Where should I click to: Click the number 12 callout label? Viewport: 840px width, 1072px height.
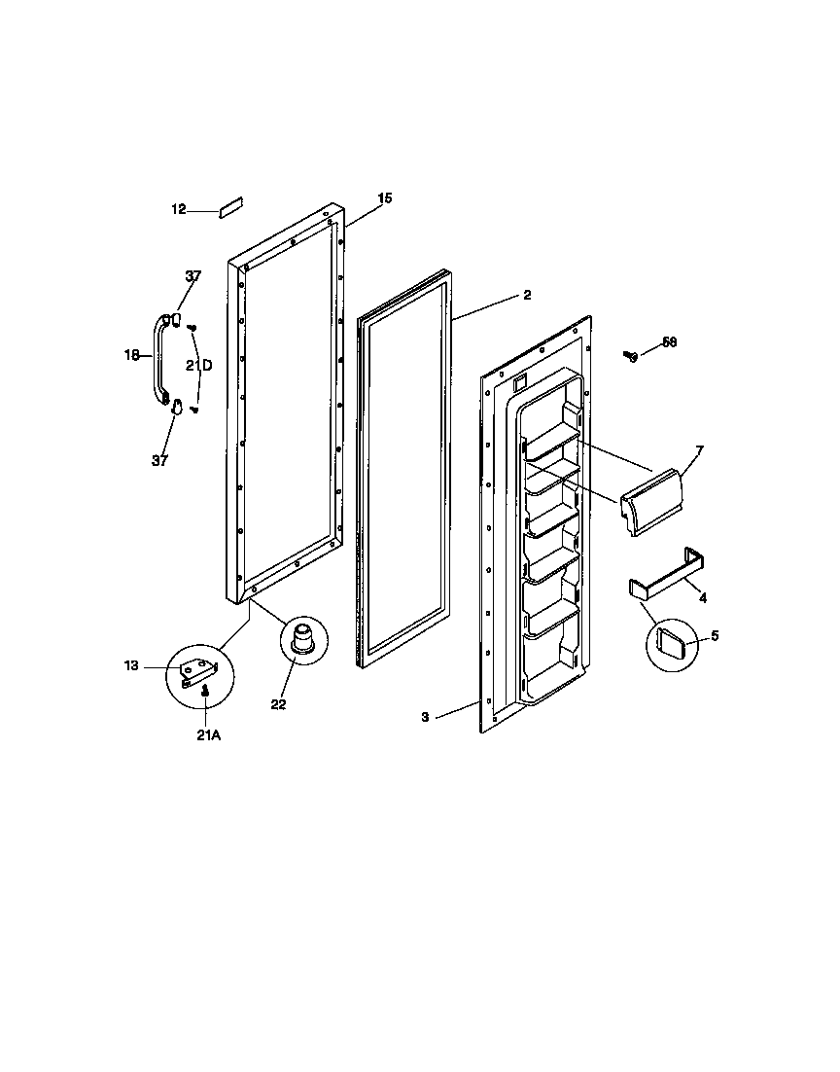pos(178,209)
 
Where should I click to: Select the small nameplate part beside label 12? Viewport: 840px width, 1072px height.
pos(230,207)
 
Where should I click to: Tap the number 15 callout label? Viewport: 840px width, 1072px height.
pos(385,198)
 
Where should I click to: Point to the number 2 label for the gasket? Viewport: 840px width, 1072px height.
pos(527,295)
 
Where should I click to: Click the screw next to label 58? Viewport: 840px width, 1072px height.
pos(630,356)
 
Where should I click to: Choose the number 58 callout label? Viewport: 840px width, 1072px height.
pos(669,342)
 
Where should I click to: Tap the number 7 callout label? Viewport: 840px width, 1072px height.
pos(699,450)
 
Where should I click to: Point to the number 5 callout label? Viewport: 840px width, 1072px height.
pos(715,636)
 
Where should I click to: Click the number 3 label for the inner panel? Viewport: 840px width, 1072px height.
pos(425,717)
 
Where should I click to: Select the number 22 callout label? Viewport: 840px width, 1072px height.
pos(279,704)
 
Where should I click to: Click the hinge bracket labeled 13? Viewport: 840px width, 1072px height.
pos(200,670)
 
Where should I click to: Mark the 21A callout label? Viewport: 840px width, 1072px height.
pos(208,736)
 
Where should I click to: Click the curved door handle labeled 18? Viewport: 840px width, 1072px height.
pos(158,358)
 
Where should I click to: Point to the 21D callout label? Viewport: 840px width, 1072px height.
pos(200,366)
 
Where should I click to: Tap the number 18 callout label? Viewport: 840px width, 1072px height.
pos(132,355)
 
